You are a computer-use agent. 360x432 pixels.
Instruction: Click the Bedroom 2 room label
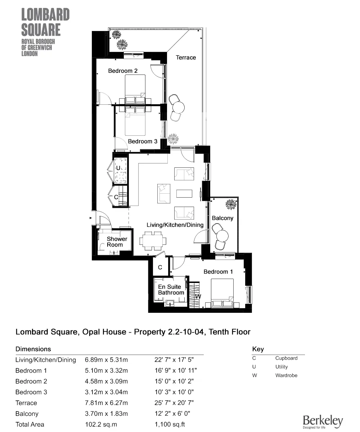123,71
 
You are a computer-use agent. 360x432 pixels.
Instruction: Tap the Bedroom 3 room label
143,141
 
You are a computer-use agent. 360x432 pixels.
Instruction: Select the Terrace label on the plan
186,58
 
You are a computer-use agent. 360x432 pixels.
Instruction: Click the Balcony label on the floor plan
222,218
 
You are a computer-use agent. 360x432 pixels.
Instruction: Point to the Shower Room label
117,242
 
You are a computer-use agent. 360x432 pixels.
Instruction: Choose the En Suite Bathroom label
171,290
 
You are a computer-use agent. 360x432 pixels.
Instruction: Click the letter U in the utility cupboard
118,168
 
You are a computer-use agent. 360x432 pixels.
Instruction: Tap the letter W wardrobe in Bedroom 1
198,296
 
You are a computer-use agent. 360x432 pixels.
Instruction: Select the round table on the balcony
222,236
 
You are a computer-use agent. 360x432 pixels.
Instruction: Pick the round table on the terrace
178,107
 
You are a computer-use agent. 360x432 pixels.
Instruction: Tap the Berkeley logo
323,421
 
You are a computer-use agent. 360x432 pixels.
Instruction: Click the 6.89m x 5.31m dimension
106,360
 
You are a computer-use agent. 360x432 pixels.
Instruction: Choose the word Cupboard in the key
286,358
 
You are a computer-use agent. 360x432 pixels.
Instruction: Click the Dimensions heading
33,349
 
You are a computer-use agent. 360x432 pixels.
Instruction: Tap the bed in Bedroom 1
222,293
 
